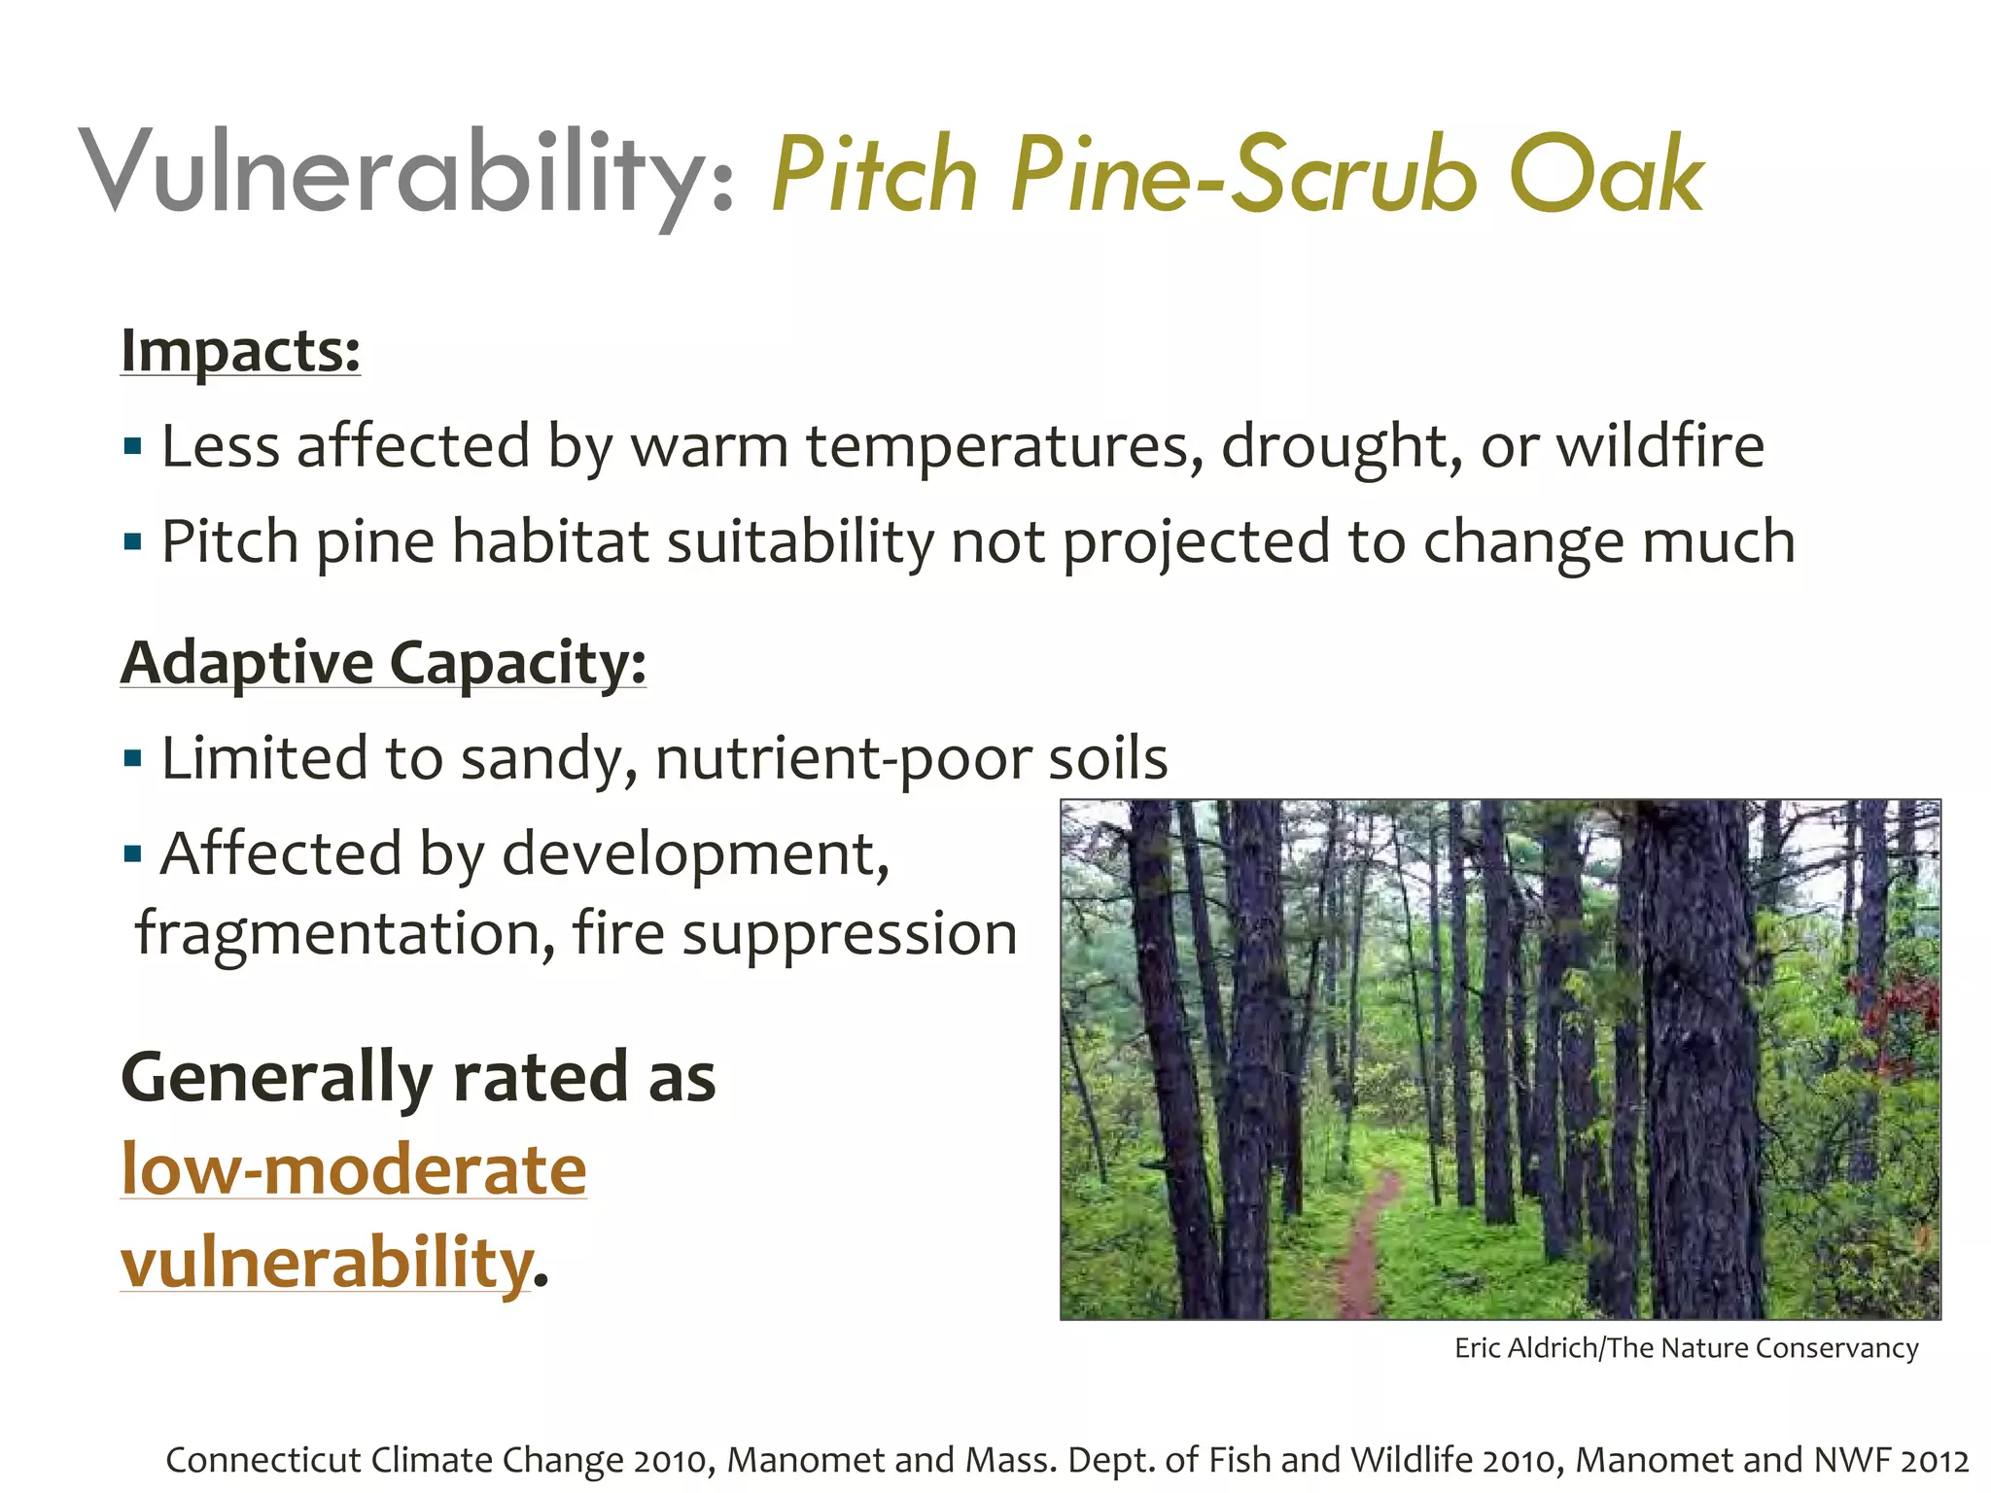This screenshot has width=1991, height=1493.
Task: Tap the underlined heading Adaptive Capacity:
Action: point(383,663)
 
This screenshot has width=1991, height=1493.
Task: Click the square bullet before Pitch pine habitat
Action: point(133,541)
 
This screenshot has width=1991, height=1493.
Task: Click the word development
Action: point(695,853)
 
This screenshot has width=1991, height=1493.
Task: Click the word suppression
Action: point(849,933)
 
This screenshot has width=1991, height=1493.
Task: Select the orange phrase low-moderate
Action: point(354,1168)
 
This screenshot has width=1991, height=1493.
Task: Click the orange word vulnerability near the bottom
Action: point(327,1262)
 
